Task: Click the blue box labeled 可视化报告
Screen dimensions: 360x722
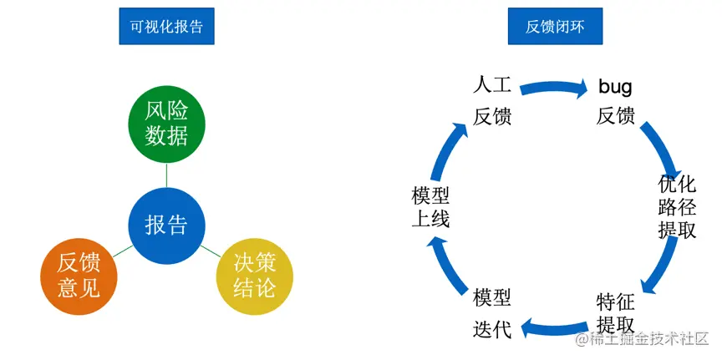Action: coord(166,27)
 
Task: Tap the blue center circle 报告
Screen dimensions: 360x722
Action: coord(166,224)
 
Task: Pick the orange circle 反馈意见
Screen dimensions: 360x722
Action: coord(79,275)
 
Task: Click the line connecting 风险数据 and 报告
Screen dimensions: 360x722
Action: coord(166,175)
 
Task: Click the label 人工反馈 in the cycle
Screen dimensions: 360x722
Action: coord(492,100)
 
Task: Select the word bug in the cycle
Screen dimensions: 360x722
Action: coord(615,86)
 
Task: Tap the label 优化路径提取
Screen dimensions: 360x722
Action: coord(677,207)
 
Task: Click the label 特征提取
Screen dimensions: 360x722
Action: coord(616,313)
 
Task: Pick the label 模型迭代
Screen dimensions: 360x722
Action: coord(492,313)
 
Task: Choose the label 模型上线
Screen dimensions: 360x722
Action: coord(430,207)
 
